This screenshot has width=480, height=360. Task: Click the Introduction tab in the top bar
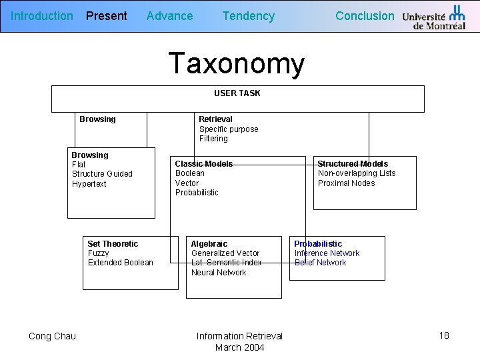pyautogui.click(x=42, y=16)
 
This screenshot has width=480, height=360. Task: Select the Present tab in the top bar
pyautogui.click(x=107, y=16)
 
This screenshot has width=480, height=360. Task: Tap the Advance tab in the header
pyautogui.click(x=169, y=16)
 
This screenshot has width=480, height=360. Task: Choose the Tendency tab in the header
pyautogui.click(x=248, y=16)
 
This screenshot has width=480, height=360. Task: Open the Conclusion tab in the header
pyautogui.click(x=365, y=16)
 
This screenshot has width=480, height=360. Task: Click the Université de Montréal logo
pyautogui.click(x=434, y=17)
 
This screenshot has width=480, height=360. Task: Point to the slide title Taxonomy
pyautogui.click(x=237, y=64)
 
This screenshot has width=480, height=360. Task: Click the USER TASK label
pyautogui.click(x=237, y=93)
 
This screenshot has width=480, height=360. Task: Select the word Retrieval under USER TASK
pyautogui.click(x=215, y=119)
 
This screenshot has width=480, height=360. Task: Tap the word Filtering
pyautogui.click(x=213, y=139)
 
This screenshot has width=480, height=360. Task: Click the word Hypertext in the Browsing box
pyautogui.click(x=89, y=184)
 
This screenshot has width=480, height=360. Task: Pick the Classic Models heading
pyautogui.click(x=203, y=164)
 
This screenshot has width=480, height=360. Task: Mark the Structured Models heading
pyautogui.click(x=353, y=164)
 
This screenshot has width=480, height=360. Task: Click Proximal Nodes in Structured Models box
pyautogui.click(x=346, y=183)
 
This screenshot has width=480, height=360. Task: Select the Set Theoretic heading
pyautogui.click(x=113, y=244)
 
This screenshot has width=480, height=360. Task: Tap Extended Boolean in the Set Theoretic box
pyautogui.click(x=121, y=263)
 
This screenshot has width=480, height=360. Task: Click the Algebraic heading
pyautogui.click(x=209, y=244)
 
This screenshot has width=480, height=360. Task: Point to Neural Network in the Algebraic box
pyautogui.click(x=219, y=273)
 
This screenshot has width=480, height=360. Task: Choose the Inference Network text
pyautogui.click(x=327, y=253)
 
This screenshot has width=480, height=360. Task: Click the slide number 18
pyautogui.click(x=444, y=335)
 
